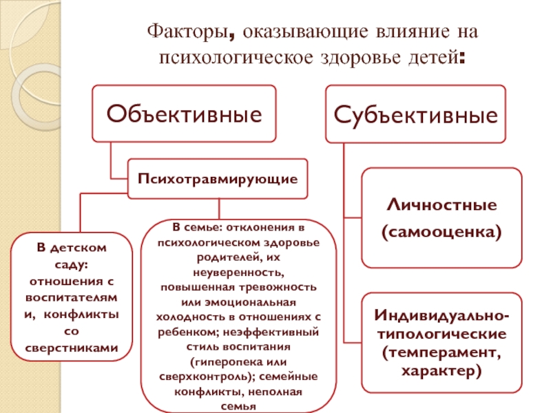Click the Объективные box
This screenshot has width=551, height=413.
click(185, 113)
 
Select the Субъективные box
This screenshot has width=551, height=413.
click(416, 113)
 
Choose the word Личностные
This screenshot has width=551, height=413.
click(441, 206)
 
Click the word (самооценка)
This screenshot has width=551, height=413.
click(441, 233)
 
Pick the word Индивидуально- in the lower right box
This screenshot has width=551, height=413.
click(441, 316)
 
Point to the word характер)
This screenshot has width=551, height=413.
click(441, 371)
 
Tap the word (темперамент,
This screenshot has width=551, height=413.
click(441, 353)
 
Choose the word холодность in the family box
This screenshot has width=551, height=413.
click(195, 316)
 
